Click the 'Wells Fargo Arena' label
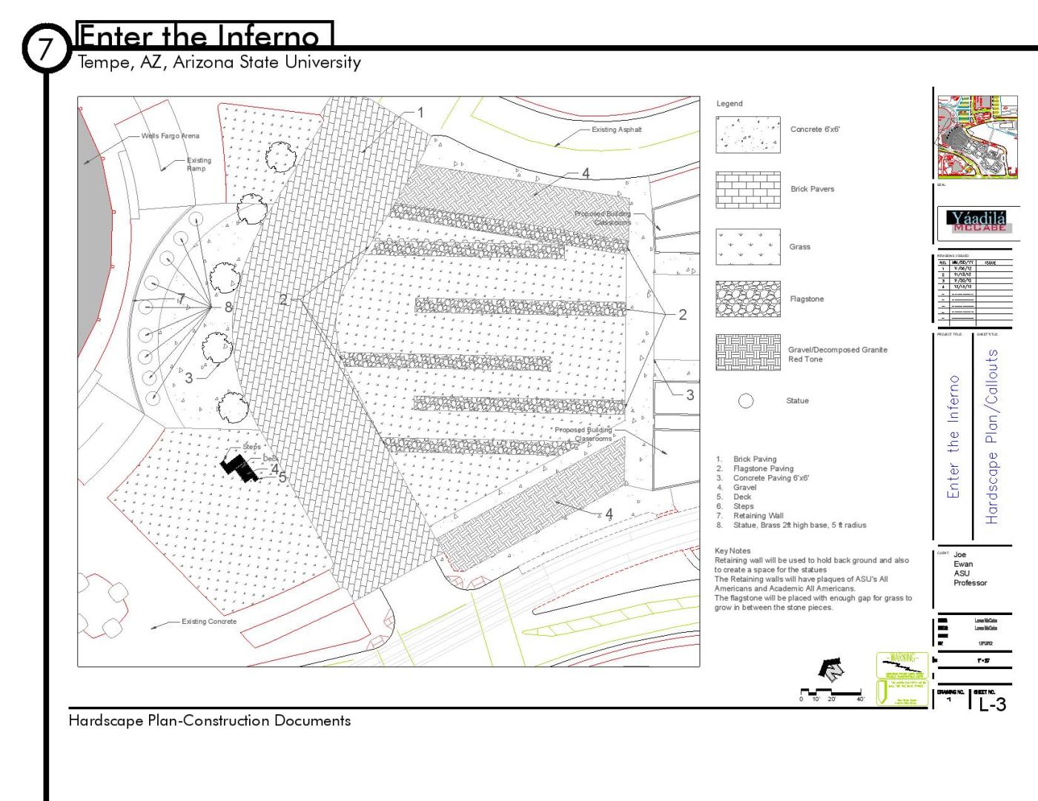click(170, 136)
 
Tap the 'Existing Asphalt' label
click(616, 130)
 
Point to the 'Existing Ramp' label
click(199, 164)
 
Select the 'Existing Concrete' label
click(209, 621)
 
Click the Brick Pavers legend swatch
click(747, 190)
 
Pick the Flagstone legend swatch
click(747, 299)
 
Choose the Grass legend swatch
click(747, 247)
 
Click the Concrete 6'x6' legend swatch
click(747, 134)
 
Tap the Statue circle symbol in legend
click(746, 401)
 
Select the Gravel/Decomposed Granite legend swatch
click(747, 353)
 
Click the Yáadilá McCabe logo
click(979, 221)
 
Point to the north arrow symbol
click(831, 669)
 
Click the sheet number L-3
click(992, 704)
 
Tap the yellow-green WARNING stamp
click(902, 678)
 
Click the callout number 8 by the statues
click(228, 306)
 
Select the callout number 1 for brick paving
click(420, 113)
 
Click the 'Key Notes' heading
click(732, 551)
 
